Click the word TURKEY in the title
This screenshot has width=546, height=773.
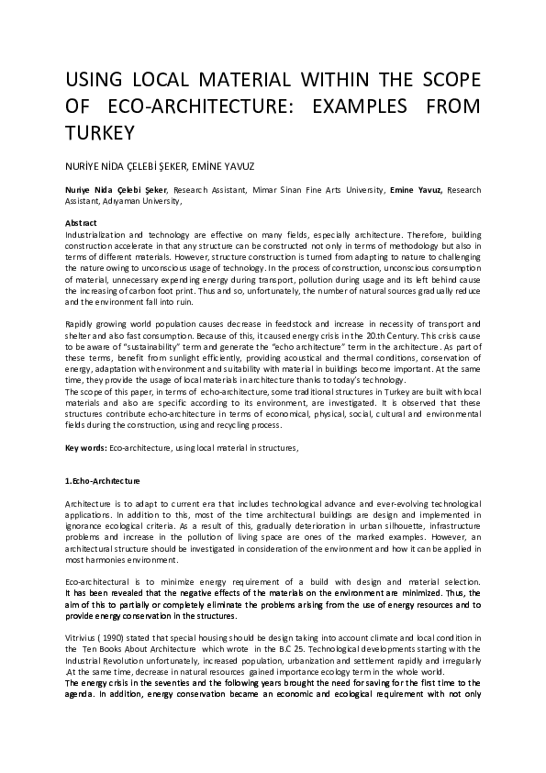click(100, 132)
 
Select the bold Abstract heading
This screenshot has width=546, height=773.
click(82, 223)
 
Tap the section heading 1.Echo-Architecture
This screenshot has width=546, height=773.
click(102, 481)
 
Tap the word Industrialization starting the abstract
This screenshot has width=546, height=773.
click(99, 233)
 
